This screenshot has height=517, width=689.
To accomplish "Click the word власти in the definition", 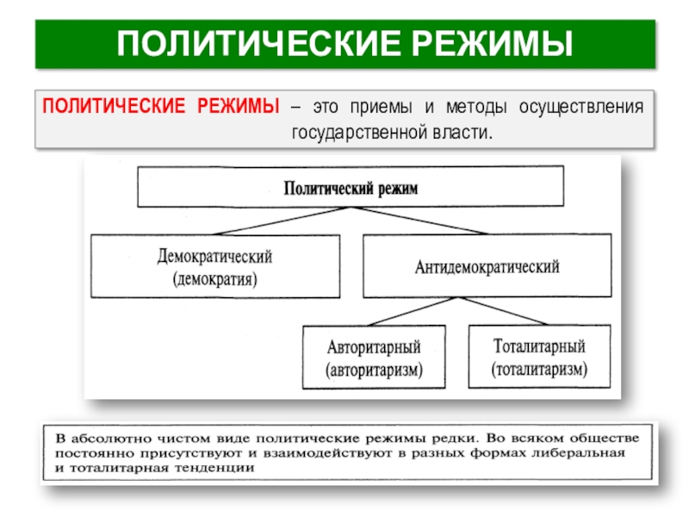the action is click(463, 134).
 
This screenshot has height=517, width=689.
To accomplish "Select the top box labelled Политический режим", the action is click(351, 187).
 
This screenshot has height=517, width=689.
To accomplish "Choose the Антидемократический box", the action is click(487, 266).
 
